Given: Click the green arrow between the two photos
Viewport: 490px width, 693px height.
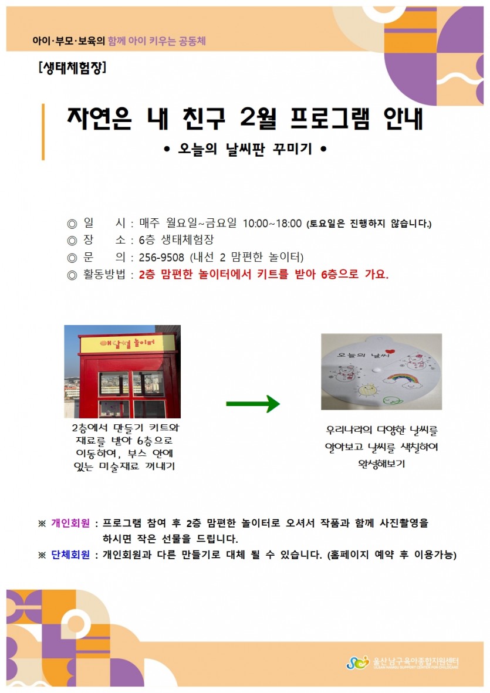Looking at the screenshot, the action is [253, 403].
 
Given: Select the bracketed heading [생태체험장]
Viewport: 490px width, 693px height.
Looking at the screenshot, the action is [72, 67].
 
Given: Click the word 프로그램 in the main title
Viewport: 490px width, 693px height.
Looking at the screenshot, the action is [330, 119].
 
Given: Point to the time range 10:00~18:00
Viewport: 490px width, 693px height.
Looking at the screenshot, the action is [272, 224].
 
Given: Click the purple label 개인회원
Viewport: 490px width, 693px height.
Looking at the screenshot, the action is [70, 523].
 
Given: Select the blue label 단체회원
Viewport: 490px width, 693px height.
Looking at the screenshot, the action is [70, 555].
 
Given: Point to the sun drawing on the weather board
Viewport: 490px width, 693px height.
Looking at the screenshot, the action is [367, 390].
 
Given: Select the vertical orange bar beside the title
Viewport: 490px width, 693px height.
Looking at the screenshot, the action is [43, 131].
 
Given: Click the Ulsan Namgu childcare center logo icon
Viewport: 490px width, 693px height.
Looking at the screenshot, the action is [357, 662].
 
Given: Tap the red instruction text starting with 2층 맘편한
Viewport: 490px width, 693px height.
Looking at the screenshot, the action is [263, 275].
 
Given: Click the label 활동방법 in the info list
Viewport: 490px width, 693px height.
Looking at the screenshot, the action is [104, 275].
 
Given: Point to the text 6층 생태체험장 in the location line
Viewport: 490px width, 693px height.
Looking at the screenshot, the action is [176, 240].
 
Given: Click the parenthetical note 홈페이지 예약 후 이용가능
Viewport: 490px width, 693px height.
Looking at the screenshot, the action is [392, 555].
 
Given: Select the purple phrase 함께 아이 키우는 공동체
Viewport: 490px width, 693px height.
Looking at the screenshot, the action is [157, 41].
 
